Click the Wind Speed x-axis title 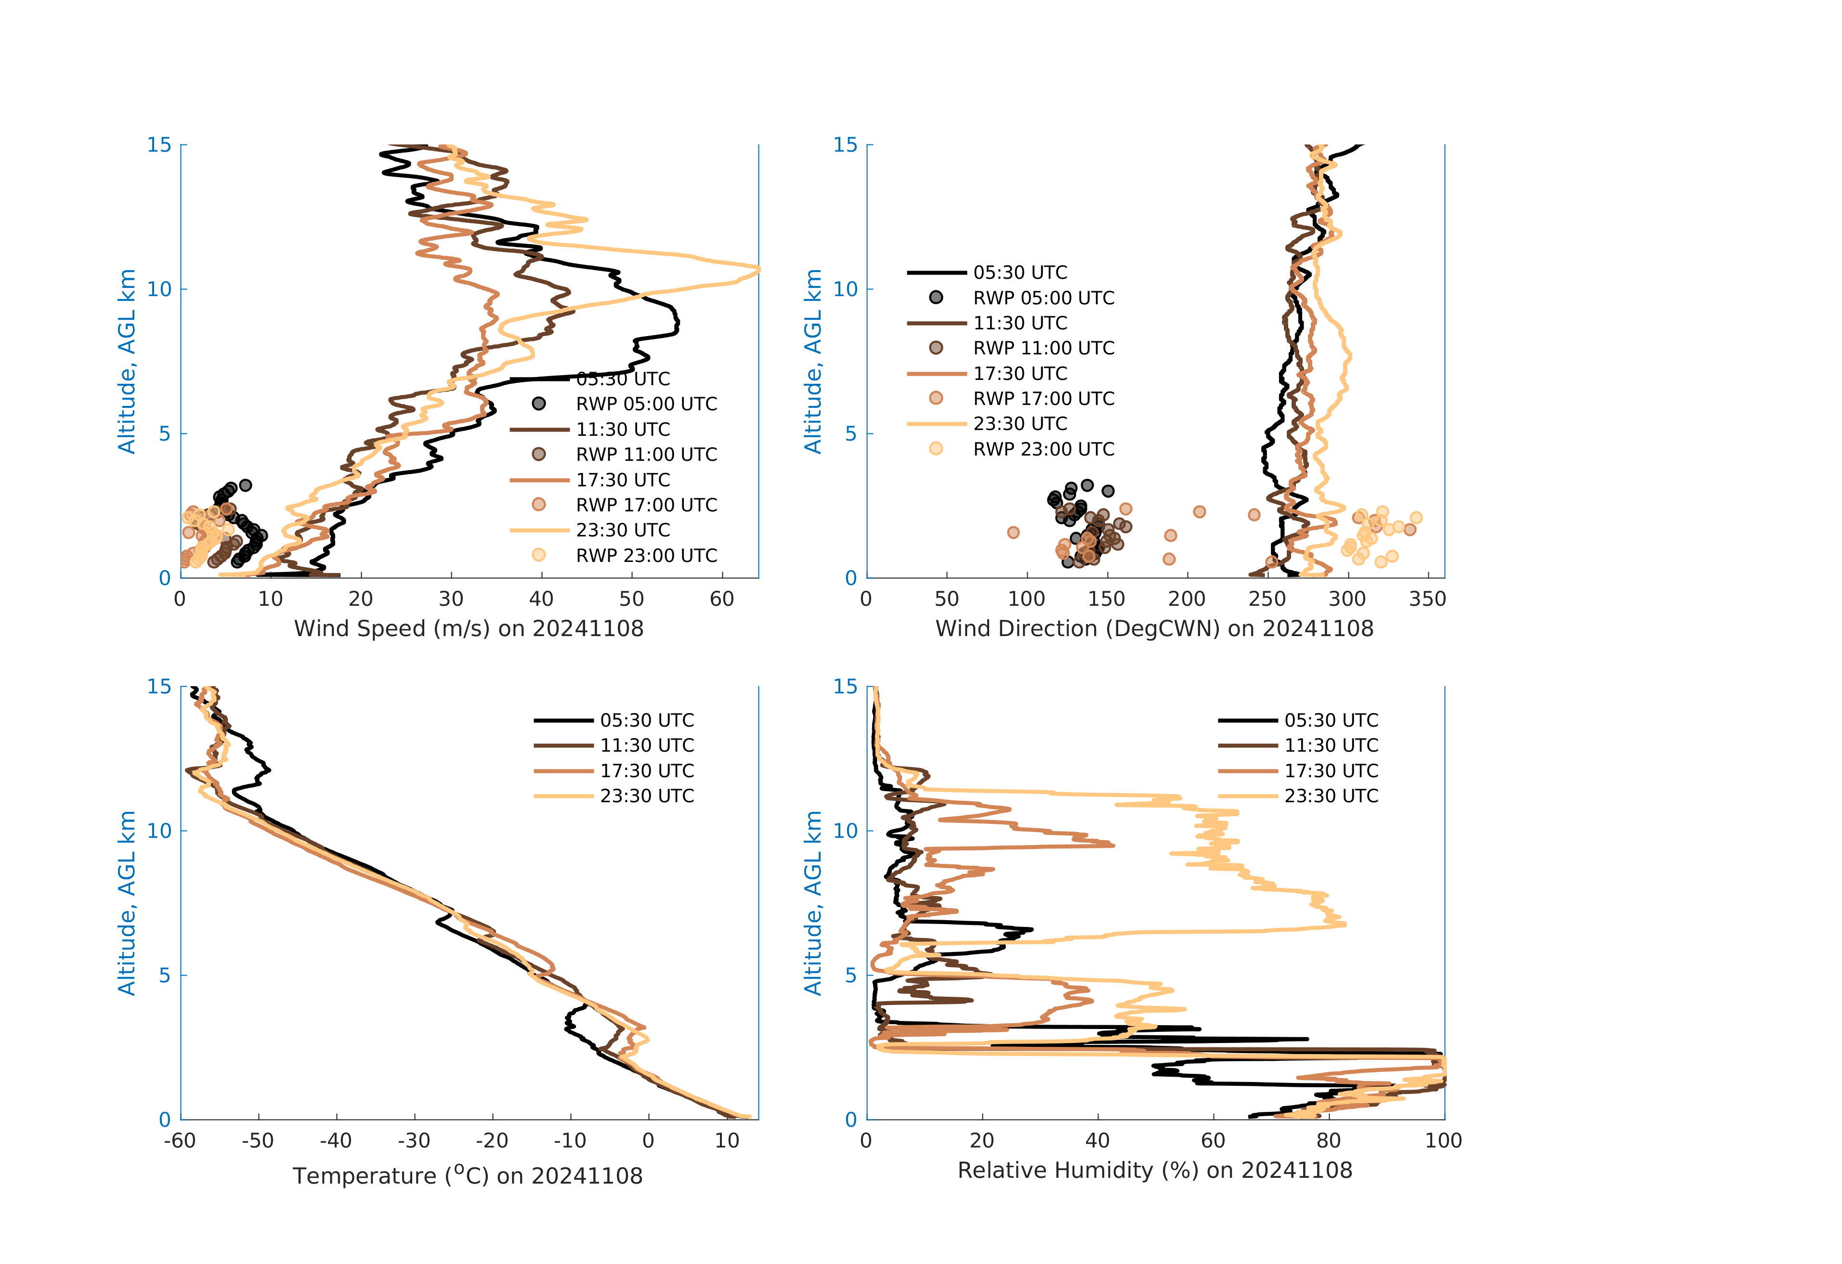(x=469, y=628)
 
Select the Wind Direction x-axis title (x=1154, y=628)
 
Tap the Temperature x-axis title (x=468, y=1175)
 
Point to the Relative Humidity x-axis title (x=1154, y=1171)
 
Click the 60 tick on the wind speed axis (x=722, y=599)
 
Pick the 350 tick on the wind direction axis (x=1427, y=599)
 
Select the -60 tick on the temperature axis (x=180, y=1141)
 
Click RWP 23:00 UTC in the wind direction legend (x=1043, y=449)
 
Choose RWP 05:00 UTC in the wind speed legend (x=646, y=404)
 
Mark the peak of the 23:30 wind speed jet (x=758, y=270)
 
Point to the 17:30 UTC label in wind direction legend (x=1020, y=373)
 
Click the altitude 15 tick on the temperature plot (x=159, y=686)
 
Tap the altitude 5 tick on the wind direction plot (x=850, y=433)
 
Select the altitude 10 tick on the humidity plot (x=846, y=831)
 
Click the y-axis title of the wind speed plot (x=127, y=361)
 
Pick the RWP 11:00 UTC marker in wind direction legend (x=936, y=348)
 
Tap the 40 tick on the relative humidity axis (x=1097, y=1141)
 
